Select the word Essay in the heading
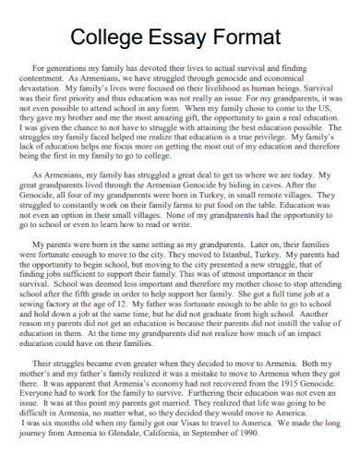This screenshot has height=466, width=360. [x=186, y=39]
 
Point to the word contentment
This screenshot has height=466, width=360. [x=48, y=80]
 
